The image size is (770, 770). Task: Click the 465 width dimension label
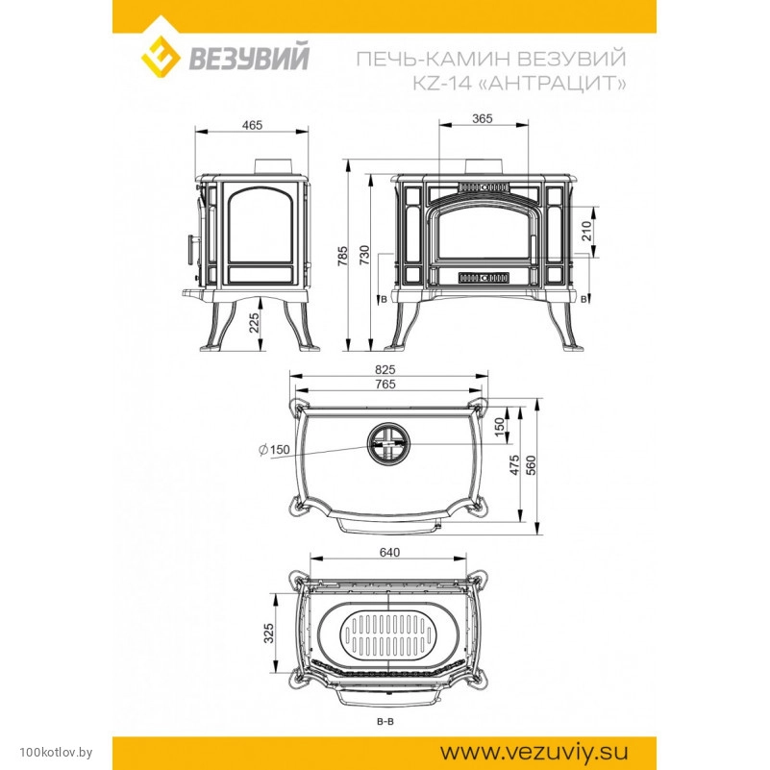click(252, 125)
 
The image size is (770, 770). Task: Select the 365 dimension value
click(482, 119)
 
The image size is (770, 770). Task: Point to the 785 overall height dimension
click(343, 256)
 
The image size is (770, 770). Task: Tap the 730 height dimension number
click(364, 256)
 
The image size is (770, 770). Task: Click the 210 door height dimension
click(586, 232)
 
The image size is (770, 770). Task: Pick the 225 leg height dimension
click(254, 323)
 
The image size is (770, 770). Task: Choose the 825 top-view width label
click(385, 369)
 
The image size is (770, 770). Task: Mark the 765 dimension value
click(385, 384)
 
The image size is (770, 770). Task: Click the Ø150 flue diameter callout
click(274, 449)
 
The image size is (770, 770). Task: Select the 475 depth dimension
click(514, 464)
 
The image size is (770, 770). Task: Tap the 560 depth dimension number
click(531, 465)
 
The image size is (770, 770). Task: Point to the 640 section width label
click(389, 553)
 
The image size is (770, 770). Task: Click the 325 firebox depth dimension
click(268, 633)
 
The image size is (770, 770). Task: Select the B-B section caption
click(385, 721)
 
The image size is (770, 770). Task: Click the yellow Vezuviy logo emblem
click(161, 54)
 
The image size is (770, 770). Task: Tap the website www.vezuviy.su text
click(534, 752)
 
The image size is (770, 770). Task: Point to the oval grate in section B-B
click(387, 636)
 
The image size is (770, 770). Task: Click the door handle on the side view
click(190, 251)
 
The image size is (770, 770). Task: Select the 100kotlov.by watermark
click(56, 752)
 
